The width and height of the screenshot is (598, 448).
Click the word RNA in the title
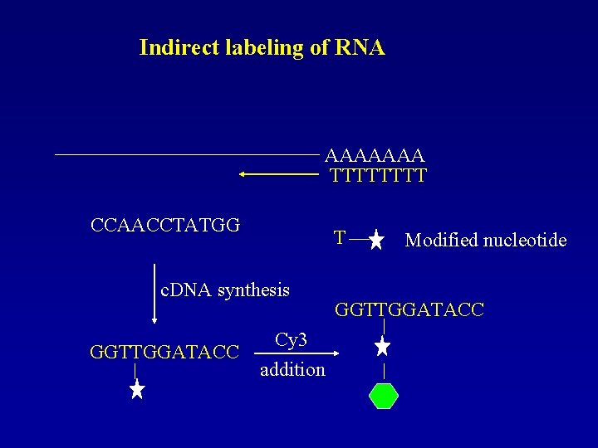360,47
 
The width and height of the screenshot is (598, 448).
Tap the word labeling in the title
265,48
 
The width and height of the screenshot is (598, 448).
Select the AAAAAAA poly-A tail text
375,155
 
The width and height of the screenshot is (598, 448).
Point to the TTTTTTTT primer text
378,175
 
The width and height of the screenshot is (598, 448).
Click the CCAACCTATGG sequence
165,224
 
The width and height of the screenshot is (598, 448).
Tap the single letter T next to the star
340,238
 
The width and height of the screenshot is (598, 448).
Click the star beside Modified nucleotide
376,241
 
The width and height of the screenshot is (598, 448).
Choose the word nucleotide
527,241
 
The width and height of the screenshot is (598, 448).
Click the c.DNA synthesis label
225,290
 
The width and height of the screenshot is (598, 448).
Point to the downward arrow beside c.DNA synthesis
154,295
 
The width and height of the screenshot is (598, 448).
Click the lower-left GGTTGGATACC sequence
164,351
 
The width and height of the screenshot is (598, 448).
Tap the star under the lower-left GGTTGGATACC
137,387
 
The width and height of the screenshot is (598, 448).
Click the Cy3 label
291,340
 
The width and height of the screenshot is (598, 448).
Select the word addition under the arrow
292,369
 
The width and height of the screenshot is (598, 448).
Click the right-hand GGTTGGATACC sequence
409,310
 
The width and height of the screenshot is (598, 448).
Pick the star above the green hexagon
383,346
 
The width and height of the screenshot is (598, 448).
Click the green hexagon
383,396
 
